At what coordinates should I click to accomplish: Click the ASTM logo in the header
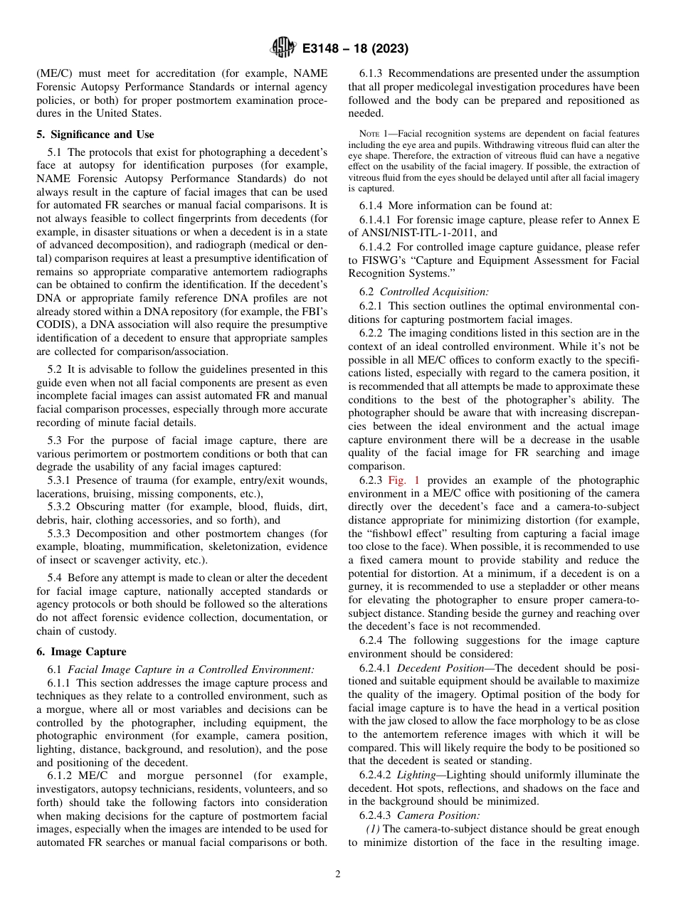tap(282, 48)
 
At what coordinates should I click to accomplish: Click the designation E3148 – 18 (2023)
tap(354, 49)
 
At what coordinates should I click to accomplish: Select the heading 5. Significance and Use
tap(95, 134)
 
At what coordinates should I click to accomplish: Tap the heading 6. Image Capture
tap(81, 652)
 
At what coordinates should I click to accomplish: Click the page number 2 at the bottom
tap(338, 875)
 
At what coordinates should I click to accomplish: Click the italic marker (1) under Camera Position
tap(373, 829)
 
